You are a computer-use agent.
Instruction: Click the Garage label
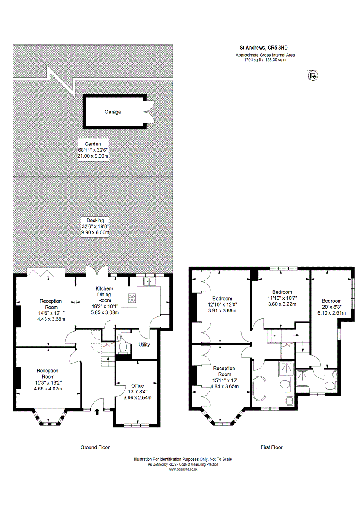[x=113, y=112]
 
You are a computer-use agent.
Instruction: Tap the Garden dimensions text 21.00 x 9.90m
[x=93, y=156]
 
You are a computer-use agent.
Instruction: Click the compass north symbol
[x=313, y=75]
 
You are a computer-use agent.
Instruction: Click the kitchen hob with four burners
[x=132, y=298]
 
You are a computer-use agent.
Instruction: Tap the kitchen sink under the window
[x=150, y=282]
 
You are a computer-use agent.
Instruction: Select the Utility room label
[x=144, y=345]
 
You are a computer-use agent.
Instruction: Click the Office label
[x=137, y=385]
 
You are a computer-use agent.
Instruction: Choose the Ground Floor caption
[x=95, y=447]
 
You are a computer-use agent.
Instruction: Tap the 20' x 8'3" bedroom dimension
[x=331, y=307]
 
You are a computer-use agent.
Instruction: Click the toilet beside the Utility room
[x=123, y=347]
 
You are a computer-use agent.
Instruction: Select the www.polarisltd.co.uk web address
[x=183, y=469]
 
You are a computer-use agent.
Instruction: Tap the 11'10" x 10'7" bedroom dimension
[x=282, y=298]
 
